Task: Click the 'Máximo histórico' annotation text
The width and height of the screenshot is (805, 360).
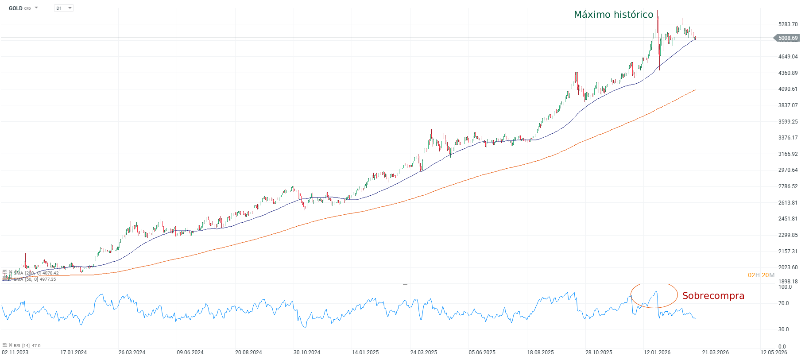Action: coord(613,15)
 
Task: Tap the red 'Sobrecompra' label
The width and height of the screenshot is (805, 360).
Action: coord(713,296)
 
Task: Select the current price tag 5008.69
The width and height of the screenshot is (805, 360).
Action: coord(788,38)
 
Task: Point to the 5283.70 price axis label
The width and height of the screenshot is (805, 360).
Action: coord(788,24)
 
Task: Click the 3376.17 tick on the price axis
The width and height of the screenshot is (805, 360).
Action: coord(788,138)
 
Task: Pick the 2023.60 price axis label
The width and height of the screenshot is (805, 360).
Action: coord(788,267)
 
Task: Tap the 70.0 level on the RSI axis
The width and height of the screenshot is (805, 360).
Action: coord(783,303)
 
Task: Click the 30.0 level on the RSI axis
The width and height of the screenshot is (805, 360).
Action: coord(783,329)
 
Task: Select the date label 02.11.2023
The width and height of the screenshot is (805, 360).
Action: coord(15,352)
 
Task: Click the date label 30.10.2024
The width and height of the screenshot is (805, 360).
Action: coord(307,352)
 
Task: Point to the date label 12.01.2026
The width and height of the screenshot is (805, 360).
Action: coord(657,352)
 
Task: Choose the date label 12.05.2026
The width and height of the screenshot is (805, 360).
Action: coord(774,352)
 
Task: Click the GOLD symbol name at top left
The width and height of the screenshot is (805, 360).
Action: coord(15,8)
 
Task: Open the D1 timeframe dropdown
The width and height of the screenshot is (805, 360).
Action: coord(64,8)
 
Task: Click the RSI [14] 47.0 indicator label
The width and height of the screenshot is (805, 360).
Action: coord(27,345)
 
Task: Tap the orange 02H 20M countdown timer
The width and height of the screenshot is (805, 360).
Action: coord(761,275)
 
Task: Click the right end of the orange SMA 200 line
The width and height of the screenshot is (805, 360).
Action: coord(695,90)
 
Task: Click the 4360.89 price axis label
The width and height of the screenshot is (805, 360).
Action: coord(788,73)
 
